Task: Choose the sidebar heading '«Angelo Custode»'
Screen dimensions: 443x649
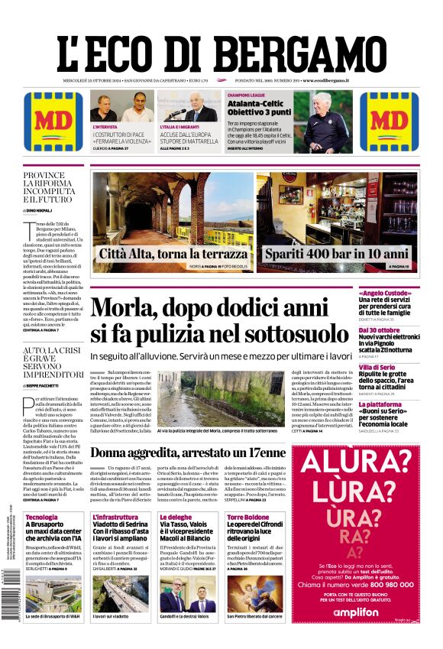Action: (406, 293)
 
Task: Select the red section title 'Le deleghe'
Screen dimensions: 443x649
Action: (176, 518)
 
